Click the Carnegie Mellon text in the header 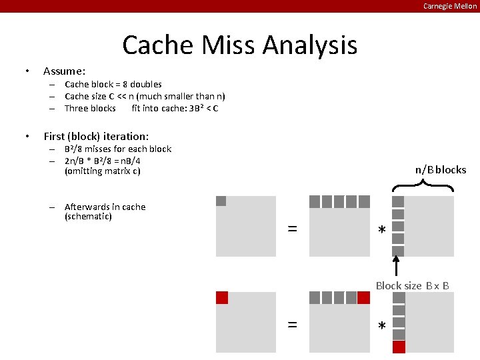tap(450, 6)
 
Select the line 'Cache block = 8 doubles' tap(113, 84)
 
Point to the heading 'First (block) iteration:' tap(96, 136)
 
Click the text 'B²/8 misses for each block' tap(118, 149)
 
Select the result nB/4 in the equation tap(149, 161)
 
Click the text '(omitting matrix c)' tap(102, 171)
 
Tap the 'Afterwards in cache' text tap(105, 207)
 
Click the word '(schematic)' tap(88, 217)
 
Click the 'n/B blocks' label tap(441, 169)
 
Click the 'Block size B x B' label tap(412, 285)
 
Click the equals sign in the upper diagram tap(292, 229)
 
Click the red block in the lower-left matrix tap(222, 298)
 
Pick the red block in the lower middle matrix tap(363, 298)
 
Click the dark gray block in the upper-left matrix tap(221, 201)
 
